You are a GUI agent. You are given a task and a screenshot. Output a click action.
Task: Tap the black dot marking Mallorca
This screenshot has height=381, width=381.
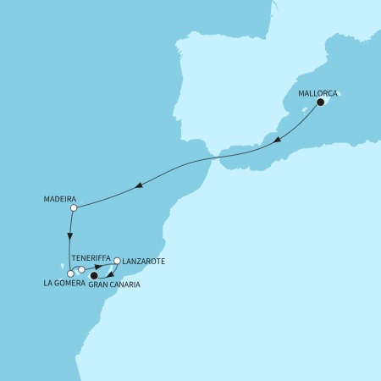click(x=321, y=102)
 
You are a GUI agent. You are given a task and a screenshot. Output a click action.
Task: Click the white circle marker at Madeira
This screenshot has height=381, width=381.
click(x=74, y=207)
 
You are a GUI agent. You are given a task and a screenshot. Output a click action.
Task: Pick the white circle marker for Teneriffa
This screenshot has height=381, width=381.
click(x=81, y=270)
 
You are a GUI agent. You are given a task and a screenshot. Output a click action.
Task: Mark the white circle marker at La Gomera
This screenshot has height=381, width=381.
click(x=70, y=273)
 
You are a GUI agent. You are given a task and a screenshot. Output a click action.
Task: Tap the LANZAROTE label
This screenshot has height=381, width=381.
click(x=141, y=262)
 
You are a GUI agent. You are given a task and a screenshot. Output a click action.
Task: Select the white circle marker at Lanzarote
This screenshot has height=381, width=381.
click(x=118, y=262)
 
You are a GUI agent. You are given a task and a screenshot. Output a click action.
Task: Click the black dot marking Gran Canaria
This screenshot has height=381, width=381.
click(x=94, y=275)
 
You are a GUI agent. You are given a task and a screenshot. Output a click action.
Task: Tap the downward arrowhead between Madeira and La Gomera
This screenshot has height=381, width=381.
click(x=70, y=238)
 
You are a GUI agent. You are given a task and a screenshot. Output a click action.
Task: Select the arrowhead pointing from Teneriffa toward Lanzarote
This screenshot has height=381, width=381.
click(x=99, y=268)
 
